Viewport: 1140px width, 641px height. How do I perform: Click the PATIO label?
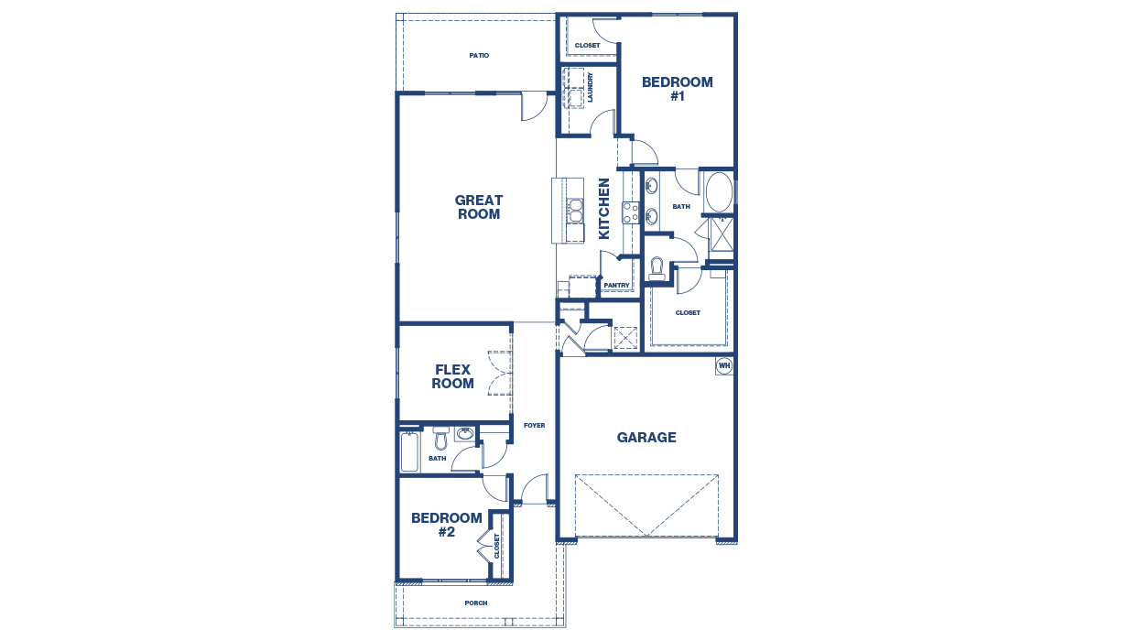[479, 56]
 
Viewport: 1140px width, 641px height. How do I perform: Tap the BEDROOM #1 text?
[677, 89]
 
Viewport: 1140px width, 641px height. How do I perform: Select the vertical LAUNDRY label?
[591, 87]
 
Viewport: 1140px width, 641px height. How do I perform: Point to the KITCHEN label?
[604, 209]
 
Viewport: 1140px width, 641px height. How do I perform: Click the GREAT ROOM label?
[479, 207]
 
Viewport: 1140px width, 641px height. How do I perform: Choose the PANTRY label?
[616, 286]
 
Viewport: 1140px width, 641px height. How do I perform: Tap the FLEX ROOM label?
[452, 376]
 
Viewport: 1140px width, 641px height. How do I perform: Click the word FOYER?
[534, 426]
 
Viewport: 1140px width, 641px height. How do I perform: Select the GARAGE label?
[646, 438]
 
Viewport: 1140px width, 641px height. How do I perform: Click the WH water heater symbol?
[724, 366]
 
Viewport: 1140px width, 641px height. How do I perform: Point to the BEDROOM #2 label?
[446, 525]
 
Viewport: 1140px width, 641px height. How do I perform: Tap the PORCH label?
[475, 603]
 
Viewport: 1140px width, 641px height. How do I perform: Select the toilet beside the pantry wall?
[656, 268]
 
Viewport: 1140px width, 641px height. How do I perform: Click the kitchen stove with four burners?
[631, 212]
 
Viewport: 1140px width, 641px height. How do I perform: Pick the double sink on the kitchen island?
[575, 211]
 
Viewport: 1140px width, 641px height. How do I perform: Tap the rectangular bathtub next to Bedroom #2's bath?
[409, 452]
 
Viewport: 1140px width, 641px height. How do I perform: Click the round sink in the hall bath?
[465, 434]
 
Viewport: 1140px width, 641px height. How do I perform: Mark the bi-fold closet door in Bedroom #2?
[483, 552]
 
